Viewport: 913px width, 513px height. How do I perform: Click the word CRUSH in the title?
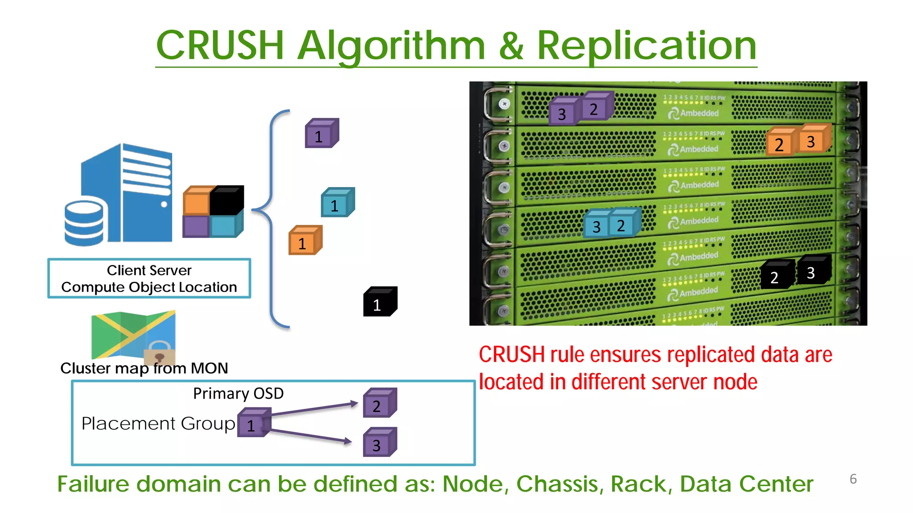(x=220, y=45)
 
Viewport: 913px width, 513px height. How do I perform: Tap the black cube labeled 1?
(x=379, y=302)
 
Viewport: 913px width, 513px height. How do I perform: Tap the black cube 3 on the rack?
(x=813, y=270)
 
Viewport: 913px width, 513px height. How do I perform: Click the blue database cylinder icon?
(x=84, y=222)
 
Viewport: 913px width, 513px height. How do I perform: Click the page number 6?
(x=853, y=479)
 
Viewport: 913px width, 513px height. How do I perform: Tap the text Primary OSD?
(x=238, y=394)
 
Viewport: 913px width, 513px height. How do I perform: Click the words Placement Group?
(x=158, y=423)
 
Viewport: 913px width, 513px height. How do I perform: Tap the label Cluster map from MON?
(x=144, y=368)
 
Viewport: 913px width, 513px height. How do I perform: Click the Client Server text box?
(x=149, y=278)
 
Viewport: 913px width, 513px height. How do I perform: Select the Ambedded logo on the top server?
(x=693, y=113)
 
